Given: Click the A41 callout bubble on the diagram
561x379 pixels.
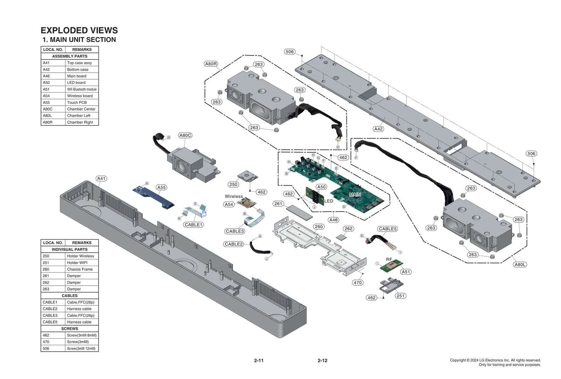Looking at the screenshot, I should (101, 179).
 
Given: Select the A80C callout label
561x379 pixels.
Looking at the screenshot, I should (185, 135).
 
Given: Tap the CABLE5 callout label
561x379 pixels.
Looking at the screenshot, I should (387, 229).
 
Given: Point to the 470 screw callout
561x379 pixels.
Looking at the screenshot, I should (358, 282).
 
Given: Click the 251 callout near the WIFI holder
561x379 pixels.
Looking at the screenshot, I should (400, 296).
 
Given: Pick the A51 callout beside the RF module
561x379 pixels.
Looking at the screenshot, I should (406, 272).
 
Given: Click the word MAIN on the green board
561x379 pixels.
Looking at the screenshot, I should (355, 195).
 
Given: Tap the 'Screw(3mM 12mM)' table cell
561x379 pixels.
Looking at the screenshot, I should (81, 348).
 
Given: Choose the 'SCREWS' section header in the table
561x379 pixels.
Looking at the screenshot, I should (69, 328).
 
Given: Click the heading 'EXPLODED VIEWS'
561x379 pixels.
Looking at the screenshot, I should (79, 30).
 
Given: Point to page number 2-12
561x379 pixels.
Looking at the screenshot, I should (322, 360).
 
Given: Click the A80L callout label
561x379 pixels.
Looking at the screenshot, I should (520, 265).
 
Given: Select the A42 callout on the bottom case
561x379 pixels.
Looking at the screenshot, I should (378, 129).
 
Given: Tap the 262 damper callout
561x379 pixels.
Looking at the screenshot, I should (349, 229).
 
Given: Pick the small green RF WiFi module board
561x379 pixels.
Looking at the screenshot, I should (390, 268).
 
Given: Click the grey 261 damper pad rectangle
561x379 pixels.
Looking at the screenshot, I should (299, 212).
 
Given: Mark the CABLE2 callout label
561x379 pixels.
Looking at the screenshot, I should (234, 244).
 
